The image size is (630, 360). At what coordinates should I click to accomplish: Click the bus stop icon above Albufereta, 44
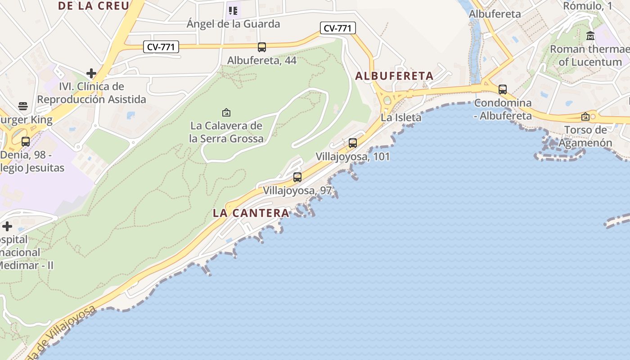click(261, 47)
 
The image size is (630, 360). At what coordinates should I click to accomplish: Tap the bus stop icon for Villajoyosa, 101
click(353, 143)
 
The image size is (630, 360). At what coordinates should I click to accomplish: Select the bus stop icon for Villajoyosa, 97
click(297, 177)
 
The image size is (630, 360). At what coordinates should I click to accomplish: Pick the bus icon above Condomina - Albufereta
click(503, 90)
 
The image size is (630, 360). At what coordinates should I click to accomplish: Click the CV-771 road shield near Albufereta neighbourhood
click(338, 28)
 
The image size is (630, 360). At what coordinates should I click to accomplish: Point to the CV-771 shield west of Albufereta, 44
click(161, 46)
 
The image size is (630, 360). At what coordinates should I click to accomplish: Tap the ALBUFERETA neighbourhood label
click(394, 76)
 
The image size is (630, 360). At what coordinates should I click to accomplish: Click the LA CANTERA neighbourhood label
click(251, 213)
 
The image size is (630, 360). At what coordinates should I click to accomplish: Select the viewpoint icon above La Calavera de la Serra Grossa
click(226, 112)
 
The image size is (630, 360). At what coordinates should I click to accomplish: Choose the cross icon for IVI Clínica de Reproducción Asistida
click(91, 73)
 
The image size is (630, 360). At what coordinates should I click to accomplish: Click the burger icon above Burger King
click(23, 106)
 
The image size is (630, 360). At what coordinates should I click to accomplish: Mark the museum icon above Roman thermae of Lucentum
click(590, 36)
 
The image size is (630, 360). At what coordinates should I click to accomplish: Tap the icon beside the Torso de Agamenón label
click(585, 117)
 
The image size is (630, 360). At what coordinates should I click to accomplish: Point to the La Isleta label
click(401, 117)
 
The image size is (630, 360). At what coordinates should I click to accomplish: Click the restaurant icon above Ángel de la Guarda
click(233, 10)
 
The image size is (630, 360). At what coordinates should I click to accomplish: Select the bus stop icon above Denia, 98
click(26, 142)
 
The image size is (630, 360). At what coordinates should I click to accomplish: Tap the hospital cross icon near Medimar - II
click(7, 226)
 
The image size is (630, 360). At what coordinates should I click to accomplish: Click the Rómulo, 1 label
click(587, 6)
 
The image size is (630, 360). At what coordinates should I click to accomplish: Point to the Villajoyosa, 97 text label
click(297, 190)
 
